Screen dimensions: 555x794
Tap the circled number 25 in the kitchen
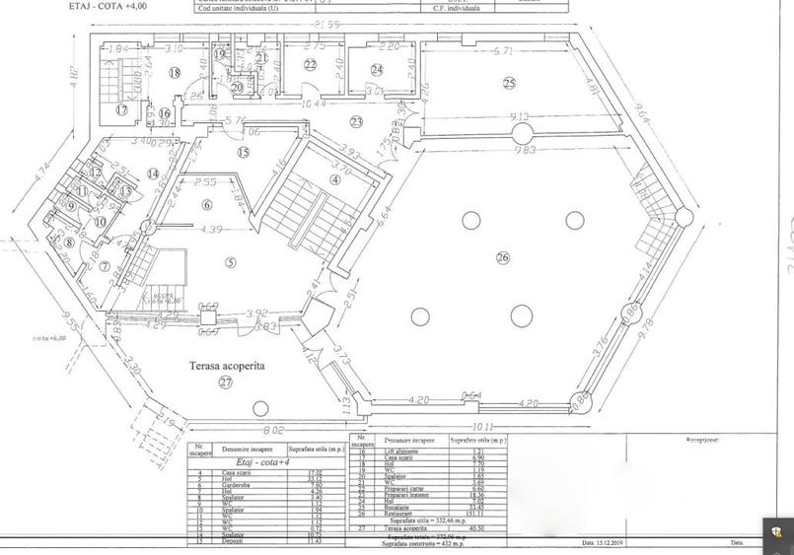509,82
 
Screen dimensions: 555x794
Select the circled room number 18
175,73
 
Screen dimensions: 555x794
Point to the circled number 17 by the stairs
121,109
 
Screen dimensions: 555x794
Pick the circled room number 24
377,69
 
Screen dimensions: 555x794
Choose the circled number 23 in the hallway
356,121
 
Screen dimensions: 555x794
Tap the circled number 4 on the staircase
335,179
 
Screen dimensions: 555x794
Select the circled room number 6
207,204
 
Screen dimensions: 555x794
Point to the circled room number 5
230,261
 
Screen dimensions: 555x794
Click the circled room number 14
153,173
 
